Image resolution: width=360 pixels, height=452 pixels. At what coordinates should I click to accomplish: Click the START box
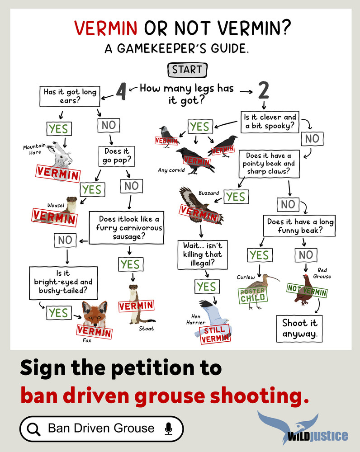(x=188, y=70)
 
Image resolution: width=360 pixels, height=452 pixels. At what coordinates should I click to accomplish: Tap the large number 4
(x=121, y=91)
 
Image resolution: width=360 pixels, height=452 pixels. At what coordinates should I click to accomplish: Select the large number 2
(x=263, y=90)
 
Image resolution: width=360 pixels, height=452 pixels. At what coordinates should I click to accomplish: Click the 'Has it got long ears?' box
(x=70, y=96)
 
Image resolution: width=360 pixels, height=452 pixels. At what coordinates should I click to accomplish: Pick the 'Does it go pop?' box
(x=117, y=156)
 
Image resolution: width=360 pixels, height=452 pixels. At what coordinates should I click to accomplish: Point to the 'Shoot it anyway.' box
(x=299, y=329)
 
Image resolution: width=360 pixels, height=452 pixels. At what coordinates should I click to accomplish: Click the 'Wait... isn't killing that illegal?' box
(x=203, y=254)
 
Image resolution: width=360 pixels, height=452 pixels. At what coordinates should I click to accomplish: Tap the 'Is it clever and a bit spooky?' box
(x=270, y=122)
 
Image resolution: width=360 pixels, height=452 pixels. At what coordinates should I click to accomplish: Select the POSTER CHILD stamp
(x=253, y=295)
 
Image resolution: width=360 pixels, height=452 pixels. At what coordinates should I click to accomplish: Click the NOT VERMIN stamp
(x=307, y=290)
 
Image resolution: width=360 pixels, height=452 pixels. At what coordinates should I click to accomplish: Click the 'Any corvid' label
(x=171, y=170)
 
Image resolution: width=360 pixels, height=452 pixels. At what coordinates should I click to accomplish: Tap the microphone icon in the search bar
(x=168, y=428)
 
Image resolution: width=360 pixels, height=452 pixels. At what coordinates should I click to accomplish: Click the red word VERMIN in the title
(x=105, y=28)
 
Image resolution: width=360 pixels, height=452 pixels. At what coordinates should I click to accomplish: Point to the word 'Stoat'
(x=146, y=329)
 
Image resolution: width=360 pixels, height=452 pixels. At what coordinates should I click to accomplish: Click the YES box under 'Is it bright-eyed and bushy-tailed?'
(x=59, y=313)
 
